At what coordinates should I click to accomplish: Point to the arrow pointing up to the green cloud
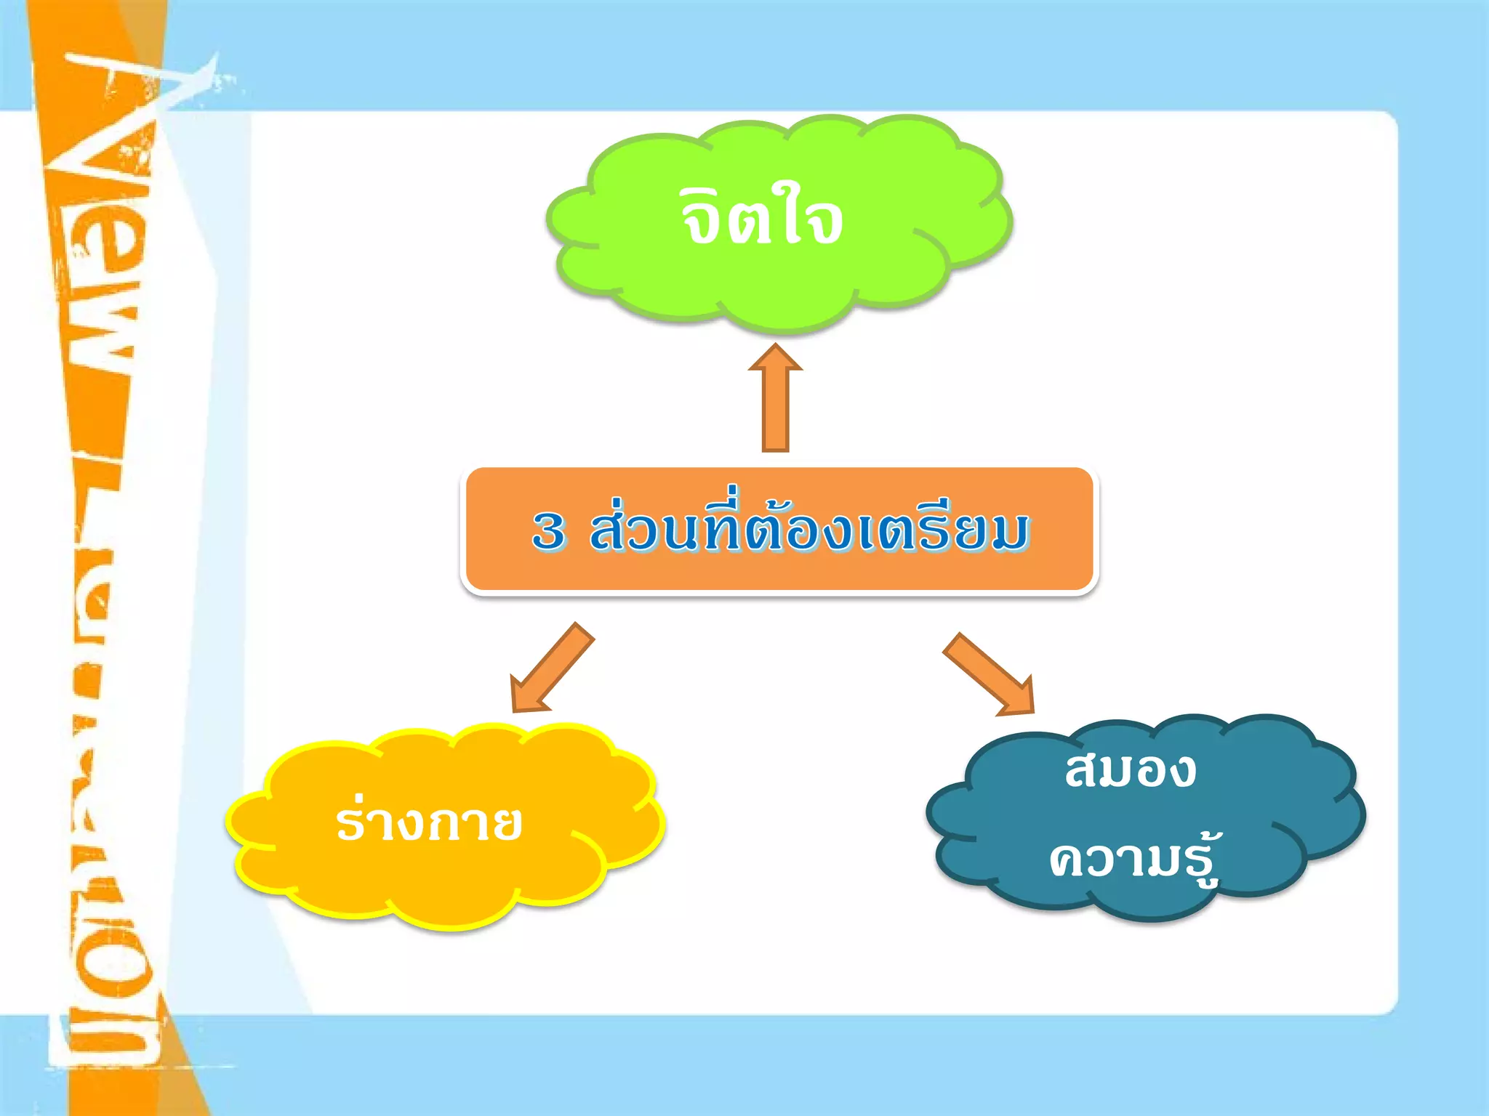776,400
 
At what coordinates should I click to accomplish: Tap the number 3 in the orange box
548,530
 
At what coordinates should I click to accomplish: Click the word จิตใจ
761,218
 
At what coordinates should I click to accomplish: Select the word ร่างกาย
429,822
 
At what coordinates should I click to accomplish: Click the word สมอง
1131,770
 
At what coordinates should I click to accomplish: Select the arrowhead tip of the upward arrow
776,349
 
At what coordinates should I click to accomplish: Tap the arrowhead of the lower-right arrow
1022,701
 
